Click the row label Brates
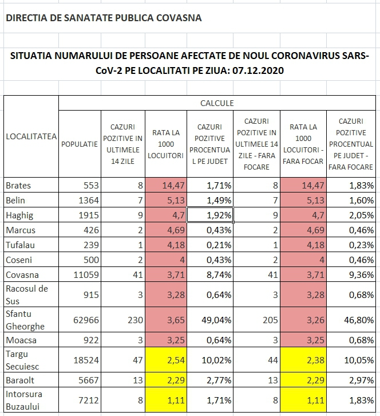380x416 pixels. [18, 186]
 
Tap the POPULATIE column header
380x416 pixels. [80, 144]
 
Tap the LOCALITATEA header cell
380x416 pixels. [31, 136]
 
